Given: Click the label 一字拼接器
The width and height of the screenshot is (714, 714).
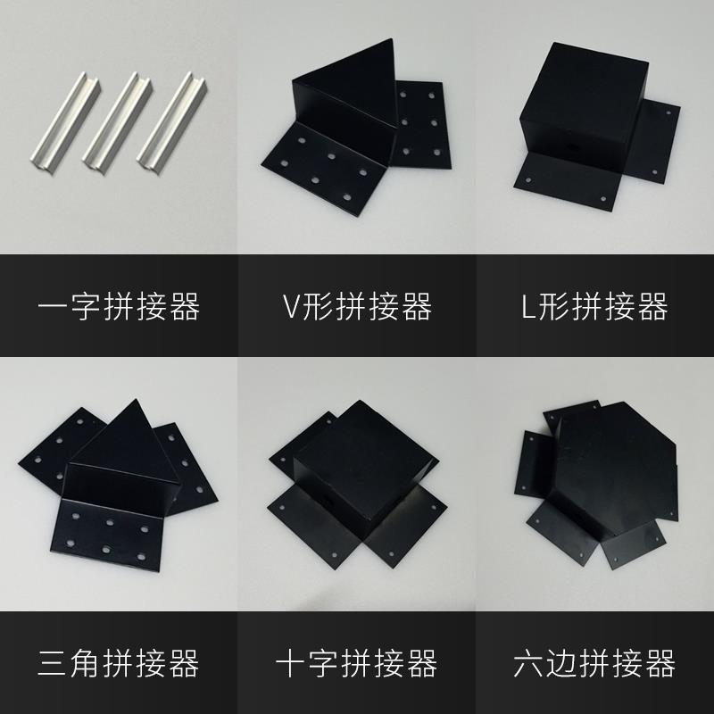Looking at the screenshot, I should click(119, 307).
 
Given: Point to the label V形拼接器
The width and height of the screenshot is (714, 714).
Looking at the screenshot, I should click(357, 307).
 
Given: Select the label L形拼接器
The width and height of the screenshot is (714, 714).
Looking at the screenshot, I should click(594, 307).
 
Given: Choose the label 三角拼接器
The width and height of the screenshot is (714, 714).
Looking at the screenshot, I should click(119, 663).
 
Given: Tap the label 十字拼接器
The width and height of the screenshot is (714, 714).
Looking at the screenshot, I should click(357, 663).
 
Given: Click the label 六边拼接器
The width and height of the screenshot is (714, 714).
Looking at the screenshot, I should click(594, 663).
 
